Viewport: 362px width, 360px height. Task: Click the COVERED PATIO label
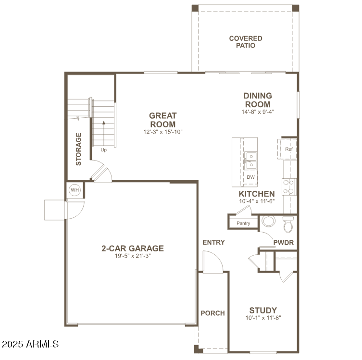pyautogui.click(x=245, y=42)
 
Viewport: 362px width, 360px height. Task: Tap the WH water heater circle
pyautogui.click(x=75, y=190)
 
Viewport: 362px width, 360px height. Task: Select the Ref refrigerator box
pyautogui.click(x=288, y=149)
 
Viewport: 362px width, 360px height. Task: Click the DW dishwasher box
pyautogui.click(x=250, y=177)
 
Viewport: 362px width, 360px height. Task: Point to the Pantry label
pyautogui.click(x=243, y=223)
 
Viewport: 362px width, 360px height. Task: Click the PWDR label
pyautogui.click(x=283, y=243)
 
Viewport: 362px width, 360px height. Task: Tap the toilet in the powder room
pyautogui.click(x=287, y=225)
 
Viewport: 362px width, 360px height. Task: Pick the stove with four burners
pyautogui.click(x=289, y=186)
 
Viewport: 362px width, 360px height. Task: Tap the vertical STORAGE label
pyautogui.click(x=78, y=149)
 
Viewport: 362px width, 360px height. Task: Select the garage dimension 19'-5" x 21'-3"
pyautogui.click(x=132, y=256)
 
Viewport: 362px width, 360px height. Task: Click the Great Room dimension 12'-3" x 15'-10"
pyautogui.click(x=163, y=132)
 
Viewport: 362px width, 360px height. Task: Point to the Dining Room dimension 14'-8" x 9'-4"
pyautogui.click(x=258, y=112)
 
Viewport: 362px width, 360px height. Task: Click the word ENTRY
pyautogui.click(x=213, y=242)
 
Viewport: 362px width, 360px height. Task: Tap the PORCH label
pyautogui.click(x=212, y=313)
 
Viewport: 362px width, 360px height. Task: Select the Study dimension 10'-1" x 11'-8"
pyautogui.click(x=262, y=318)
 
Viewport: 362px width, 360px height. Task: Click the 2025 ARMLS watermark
pyautogui.click(x=30, y=344)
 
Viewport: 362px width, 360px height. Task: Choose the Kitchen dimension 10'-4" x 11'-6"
pyautogui.click(x=257, y=201)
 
